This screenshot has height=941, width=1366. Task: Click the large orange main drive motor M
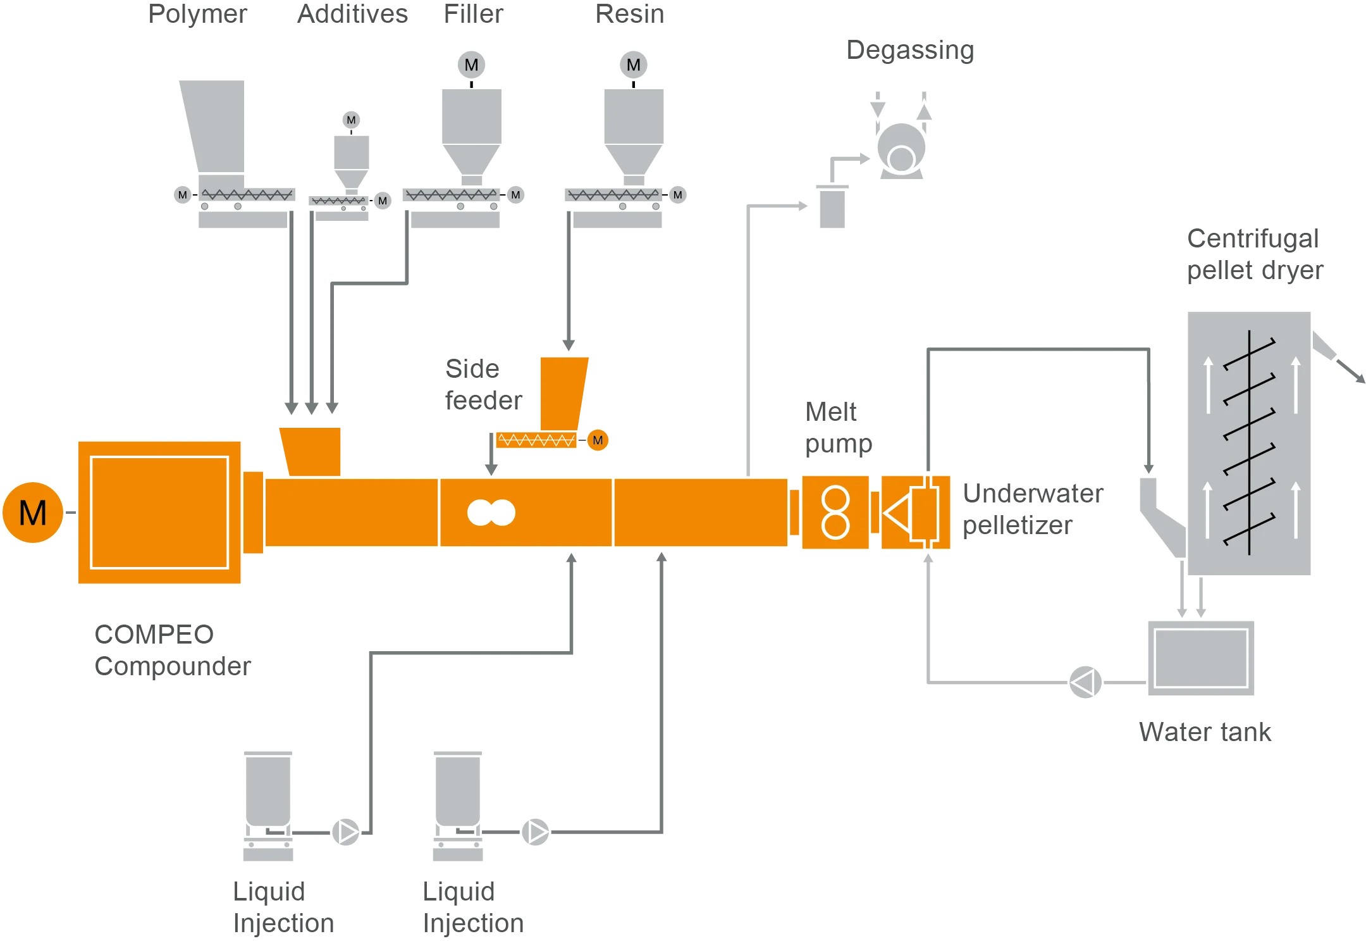pyautogui.click(x=33, y=513)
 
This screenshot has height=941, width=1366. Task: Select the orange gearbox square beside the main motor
pyautogui.click(x=159, y=513)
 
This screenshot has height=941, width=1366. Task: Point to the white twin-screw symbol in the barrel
pyautogui.click(x=491, y=513)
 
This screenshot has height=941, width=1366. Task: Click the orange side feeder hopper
pyautogui.click(x=562, y=392)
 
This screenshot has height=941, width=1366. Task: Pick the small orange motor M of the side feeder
pyautogui.click(x=598, y=440)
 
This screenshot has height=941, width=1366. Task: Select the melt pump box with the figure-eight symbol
pyautogui.click(x=835, y=513)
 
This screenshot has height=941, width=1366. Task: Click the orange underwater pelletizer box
pyautogui.click(x=915, y=513)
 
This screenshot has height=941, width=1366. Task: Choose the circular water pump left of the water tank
pyautogui.click(x=1085, y=683)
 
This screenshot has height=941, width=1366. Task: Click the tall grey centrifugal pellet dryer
pyautogui.click(x=1249, y=443)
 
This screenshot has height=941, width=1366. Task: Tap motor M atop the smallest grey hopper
pyautogui.click(x=352, y=120)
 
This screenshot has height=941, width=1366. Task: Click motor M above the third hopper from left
pyautogui.click(x=471, y=65)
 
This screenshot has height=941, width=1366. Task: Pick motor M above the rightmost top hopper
pyautogui.click(x=633, y=65)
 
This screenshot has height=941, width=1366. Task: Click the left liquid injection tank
pyautogui.click(x=268, y=791)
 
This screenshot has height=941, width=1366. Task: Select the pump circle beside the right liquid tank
pyautogui.click(x=536, y=832)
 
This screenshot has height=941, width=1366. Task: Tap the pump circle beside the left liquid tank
pyautogui.click(x=346, y=832)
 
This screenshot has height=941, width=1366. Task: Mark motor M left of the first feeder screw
pyautogui.click(x=183, y=195)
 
